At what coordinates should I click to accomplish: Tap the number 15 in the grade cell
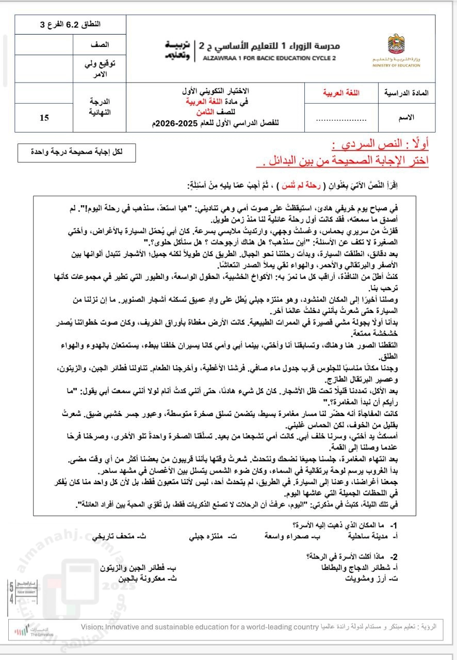(44, 118)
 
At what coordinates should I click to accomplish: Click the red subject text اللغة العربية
(341, 93)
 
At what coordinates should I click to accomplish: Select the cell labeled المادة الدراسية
(407, 93)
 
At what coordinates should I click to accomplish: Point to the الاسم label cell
(407, 118)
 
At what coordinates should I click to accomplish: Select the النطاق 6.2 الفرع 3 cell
(70, 24)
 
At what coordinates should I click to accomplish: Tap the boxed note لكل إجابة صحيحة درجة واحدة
(77, 152)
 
